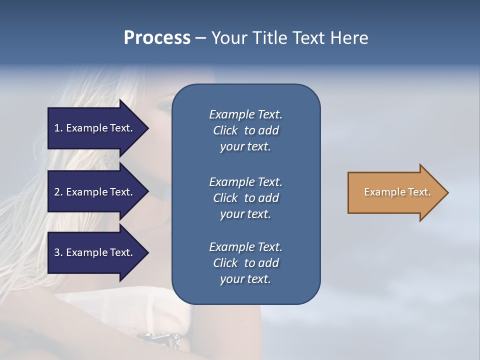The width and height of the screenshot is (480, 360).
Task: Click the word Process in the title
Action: pos(156,38)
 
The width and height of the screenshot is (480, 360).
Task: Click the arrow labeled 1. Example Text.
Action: pos(95,128)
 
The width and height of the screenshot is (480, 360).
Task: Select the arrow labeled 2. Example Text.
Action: pos(95,192)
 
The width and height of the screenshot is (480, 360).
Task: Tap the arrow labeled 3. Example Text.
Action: pos(95,252)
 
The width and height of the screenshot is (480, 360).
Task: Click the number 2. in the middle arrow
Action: pos(58,192)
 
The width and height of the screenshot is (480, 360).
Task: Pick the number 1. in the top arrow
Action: pos(58,128)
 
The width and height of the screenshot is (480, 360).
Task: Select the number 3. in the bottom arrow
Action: pos(58,252)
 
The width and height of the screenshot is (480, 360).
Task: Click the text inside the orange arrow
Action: pos(397,192)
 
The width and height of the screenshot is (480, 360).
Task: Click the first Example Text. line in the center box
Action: pos(245,114)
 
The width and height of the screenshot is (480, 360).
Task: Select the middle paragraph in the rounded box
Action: pos(245,198)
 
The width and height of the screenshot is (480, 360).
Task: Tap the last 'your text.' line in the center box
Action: pos(245,279)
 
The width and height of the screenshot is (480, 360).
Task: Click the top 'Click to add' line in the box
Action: pos(245,130)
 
